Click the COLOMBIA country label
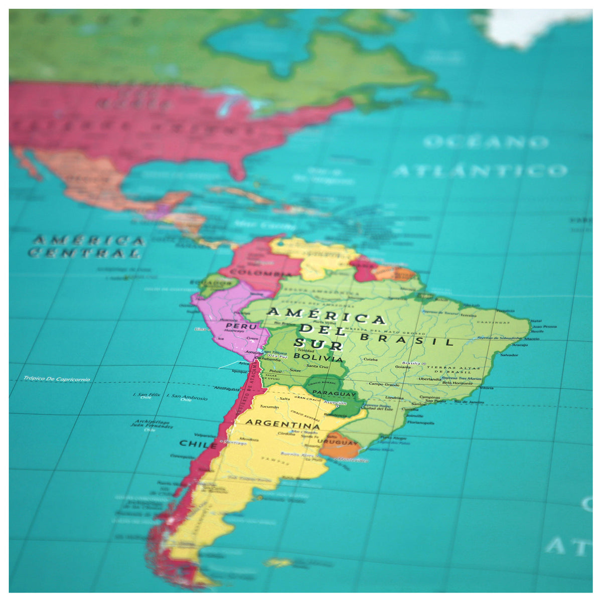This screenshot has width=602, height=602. click(255, 273)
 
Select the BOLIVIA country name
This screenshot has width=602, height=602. click(319, 358)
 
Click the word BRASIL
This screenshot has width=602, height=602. click(407, 340)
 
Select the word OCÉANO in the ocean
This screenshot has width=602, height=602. click(485, 142)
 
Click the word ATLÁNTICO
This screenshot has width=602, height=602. click(480, 171)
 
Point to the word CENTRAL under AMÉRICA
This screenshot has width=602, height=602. click(84, 253)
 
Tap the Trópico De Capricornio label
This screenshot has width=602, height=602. click(57, 379)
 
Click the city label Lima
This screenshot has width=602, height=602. click(201, 329)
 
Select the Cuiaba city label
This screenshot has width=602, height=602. click(370, 359)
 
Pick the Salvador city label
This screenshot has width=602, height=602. click(509, 355)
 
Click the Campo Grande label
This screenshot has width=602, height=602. click(384, 384)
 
